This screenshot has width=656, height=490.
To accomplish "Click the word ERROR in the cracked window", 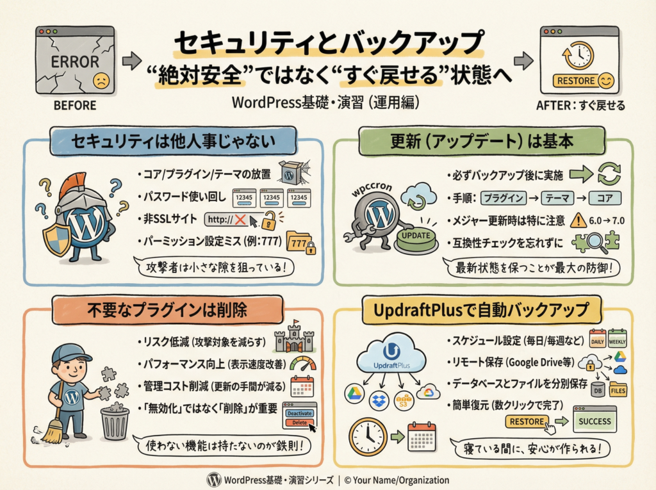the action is pyautogui.click(x=75, y=62).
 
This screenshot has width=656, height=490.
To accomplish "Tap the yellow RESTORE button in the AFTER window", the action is pyautogui.click(x=575, y=80).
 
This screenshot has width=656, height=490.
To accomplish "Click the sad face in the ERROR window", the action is pyautogui.click(x=101, y=80).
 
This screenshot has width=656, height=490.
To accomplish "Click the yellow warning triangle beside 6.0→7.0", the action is pyautogui.click(x=578, y=220).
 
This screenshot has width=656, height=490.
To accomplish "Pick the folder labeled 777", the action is pyautogui.click(x=300, y=242).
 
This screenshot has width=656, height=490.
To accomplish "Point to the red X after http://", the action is pyautogui.click(x=240, y=219).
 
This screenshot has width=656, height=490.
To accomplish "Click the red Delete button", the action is pyautogui.click(x=299, y=423).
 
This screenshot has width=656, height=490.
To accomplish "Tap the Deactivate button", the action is pyautogui.click(x=299, y=413).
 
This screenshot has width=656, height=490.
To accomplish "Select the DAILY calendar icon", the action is pyautogui.click(x=598, y=339).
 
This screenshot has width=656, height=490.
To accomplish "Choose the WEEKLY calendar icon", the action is pyautogui.click(x=617, y=339).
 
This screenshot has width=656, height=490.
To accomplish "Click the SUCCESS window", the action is pyautogui.click(x=594, y=419).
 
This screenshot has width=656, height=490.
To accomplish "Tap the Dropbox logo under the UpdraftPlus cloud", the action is pyautogui.click(x=379, y=400).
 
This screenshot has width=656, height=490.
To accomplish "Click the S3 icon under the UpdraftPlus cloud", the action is pyautogui.click(x=403, y=401).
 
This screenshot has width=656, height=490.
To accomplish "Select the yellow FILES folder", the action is pyautogui.click(x=618, y=389).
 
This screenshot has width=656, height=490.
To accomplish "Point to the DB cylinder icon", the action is pyautogui.click(x=598, y=389).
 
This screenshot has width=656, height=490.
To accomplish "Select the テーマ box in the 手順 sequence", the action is pyautogui.click(x=557, y=198).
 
